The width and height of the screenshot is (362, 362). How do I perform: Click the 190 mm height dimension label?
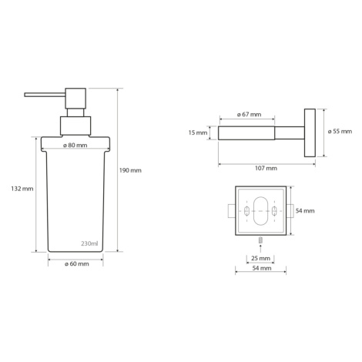130,170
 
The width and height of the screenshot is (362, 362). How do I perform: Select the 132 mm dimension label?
22,189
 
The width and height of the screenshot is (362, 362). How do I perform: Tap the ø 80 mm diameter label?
75,146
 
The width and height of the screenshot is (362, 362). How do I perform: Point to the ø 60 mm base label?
77,264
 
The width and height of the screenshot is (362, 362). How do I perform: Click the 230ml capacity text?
89,243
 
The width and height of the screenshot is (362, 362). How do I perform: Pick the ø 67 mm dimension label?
249,115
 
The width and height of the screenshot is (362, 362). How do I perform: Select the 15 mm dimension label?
198,132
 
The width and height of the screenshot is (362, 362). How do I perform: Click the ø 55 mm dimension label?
340,132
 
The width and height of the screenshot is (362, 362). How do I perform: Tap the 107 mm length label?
266,169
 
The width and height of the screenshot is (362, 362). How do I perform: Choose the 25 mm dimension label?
260,258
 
